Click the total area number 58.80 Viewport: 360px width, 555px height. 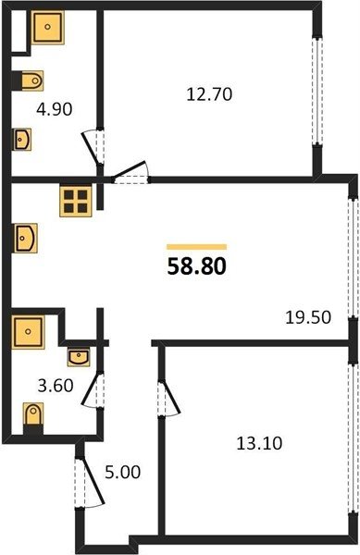coord(196,266)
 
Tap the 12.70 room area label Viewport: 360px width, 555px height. coord(209,94)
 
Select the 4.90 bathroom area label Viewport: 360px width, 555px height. coord(55,109)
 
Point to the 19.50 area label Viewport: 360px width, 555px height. coord(308,317)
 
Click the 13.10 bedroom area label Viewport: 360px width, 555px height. coord(259,443)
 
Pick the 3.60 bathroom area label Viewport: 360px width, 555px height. coord(56,385)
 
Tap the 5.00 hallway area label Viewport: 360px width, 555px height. coord(122,472)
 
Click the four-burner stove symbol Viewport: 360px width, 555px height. coord(75,201)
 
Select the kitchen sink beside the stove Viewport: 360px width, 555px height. coord(26,238)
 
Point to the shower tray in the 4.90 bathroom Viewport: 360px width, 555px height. coord(47,27)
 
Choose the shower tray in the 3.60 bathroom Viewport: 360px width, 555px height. coord(28,332)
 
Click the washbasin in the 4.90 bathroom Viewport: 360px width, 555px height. coord(22,139)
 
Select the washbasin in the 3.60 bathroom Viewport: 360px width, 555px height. coord(79,357)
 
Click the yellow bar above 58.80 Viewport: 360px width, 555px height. coord(196,247)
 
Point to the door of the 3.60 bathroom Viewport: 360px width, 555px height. coord(91,389)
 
